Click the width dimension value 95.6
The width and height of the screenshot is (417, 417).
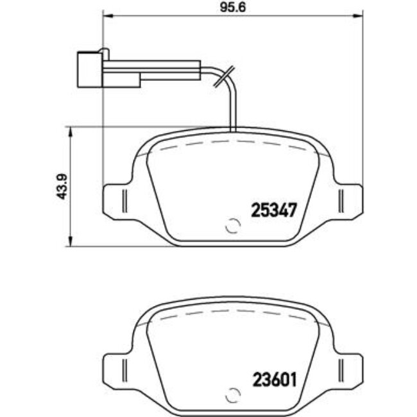click(233, 7)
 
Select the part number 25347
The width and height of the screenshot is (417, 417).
click(274, 210)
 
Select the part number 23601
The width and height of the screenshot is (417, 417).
click(275, 380)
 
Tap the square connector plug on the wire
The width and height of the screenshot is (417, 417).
click(90, 69)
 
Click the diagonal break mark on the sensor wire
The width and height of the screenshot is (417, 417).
click(224, 76)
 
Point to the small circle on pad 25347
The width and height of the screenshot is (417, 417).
click(233, 226)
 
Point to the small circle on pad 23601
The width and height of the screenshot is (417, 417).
click(233, 395)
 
